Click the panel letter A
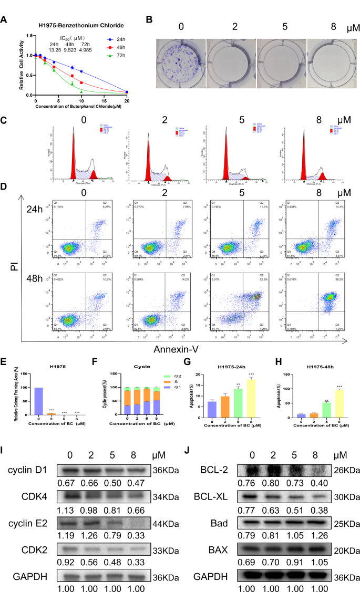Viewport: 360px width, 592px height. tap(4, 20)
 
